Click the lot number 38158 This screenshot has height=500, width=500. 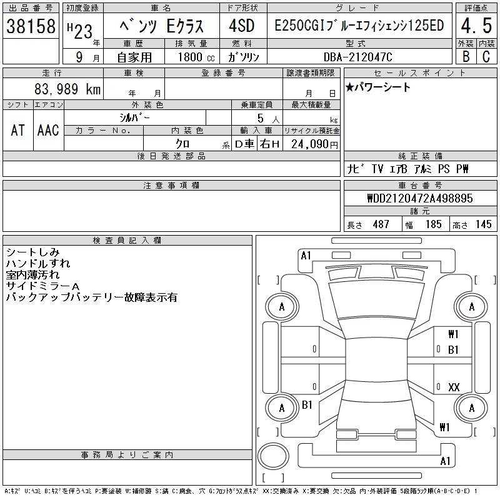pos(31,26)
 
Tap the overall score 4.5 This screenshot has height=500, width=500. pos(476,26)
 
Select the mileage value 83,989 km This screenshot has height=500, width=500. pos(67,89)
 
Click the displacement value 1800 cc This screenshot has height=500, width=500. pos(196,57)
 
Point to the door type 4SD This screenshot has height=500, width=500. pos(242,26)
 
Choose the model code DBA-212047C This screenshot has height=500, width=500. pos(357,57)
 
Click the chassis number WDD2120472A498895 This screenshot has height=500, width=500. pos(420,198)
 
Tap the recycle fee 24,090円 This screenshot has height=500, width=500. pos(314,144)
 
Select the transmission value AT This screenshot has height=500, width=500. pos(18,131)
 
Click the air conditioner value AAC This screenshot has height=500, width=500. pos(48,131)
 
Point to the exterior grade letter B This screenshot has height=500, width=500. pos(466,57)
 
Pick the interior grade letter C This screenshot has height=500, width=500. pos(486,57)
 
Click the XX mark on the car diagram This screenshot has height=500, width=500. pos(454,387)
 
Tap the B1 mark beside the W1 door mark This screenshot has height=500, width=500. pos(453,350)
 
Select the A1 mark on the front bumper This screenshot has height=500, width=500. pos(306,256)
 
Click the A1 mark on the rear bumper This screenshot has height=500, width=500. pos(445,461)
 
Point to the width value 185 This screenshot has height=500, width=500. pos(433,224)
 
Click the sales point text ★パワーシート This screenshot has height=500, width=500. pos(377,87)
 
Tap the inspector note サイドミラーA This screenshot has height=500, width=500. pos(42,286)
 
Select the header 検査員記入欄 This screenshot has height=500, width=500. pos(127,241)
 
